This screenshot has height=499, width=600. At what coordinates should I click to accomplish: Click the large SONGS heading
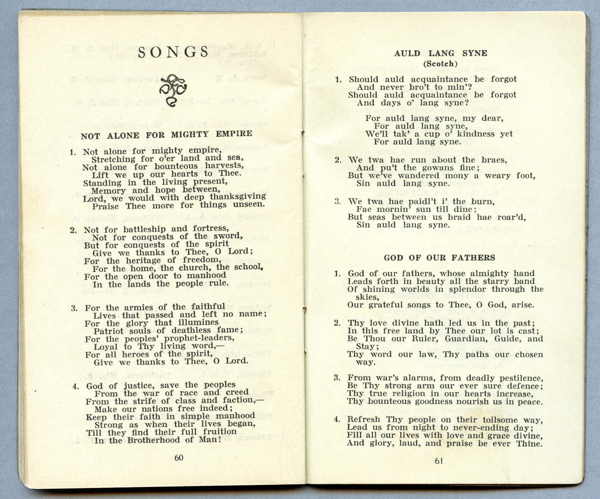tap(173, 53)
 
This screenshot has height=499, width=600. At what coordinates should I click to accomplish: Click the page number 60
tap(179, 458)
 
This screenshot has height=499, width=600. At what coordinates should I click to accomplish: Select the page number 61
tap(439, 461)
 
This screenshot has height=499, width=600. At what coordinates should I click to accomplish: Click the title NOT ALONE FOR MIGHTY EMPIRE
tap(167, 135)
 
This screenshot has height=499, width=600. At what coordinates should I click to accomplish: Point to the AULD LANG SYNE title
tap(440, 53)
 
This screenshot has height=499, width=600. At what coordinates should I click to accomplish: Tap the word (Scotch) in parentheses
tap(440, 64)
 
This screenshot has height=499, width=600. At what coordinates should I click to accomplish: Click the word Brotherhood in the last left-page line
tap(154, 440)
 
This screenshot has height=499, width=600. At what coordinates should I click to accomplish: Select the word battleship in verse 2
tap(144, 229)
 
